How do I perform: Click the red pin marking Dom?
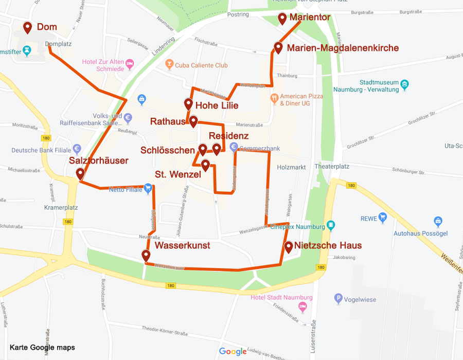pos(28,27)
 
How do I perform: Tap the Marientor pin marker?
pos(282,19)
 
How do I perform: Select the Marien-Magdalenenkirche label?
pos(343,48)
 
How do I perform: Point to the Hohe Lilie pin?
pos(189,104)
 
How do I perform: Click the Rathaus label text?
pos(167,121)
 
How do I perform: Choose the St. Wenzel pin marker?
pos(205,165)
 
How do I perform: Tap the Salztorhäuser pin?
pos(80,174)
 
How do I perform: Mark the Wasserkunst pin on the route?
pos(146,255)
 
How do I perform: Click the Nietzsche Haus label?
pos(328,245)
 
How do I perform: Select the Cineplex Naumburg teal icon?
pos(331,225)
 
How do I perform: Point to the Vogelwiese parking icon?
pos(338,298)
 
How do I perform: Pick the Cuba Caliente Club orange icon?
pos(168,65)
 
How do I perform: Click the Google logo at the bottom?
pos(233,351)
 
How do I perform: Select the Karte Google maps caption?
pos(42,348)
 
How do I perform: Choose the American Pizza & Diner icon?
pos(275,97)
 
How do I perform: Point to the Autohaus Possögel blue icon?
pos(438,222)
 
